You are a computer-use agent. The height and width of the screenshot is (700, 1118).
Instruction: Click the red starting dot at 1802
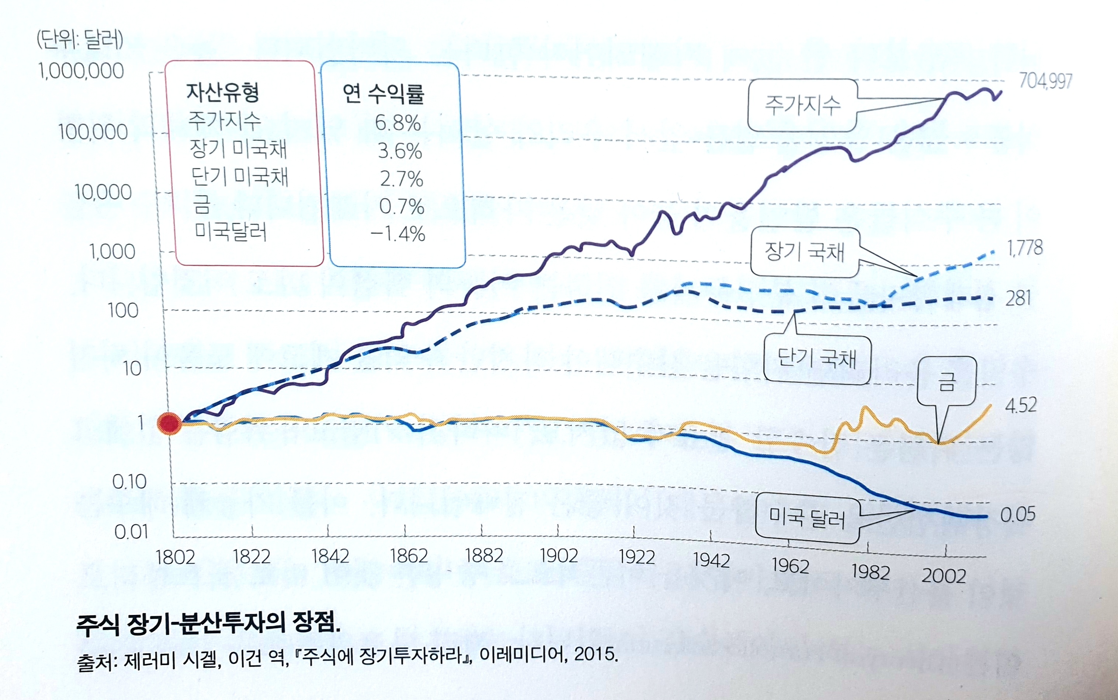point(170,423)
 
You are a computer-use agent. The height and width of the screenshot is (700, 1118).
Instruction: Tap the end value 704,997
point(1045,81)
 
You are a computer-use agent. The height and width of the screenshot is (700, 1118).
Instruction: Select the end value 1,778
point(1025,248)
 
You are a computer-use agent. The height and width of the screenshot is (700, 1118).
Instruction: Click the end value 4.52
point(1021,405)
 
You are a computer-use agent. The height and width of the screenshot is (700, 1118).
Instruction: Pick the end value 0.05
point(1017,514)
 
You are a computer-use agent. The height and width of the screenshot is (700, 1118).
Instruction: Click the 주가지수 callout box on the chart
point(802,106)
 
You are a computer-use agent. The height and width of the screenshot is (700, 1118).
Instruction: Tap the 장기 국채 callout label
point(805,252)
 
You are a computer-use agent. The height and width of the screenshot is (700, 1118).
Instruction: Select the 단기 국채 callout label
point(817,359)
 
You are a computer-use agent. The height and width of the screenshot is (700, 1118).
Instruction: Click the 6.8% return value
point(398,123)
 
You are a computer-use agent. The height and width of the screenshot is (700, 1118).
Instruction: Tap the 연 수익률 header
point(383,94)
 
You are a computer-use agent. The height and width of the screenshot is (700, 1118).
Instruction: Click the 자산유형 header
point(222,92)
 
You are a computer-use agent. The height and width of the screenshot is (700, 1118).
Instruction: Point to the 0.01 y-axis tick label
point(131,532)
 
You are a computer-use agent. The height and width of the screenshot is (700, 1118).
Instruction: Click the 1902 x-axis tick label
point(559,556)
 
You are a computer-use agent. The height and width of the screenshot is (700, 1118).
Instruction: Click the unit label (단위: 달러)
point(80,40)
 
